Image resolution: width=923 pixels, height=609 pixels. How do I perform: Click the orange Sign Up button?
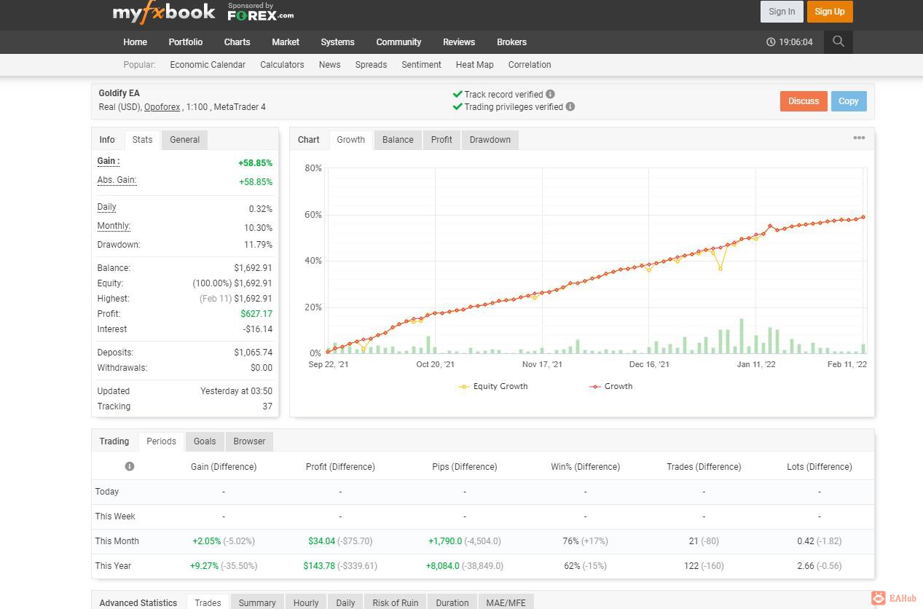coord(830,12)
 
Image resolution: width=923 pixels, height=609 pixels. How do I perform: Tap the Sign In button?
coord(781,12)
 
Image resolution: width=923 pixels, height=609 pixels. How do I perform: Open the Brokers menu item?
coord(511,42)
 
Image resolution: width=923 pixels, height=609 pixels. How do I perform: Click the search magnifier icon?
coord(838,42)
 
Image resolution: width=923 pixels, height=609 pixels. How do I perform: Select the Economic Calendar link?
coord(208,65)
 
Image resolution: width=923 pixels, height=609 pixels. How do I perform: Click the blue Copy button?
coord(849,101)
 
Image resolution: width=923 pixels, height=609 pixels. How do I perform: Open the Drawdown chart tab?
coord(490,140)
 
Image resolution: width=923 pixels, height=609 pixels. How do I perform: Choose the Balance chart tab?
coord(398,140)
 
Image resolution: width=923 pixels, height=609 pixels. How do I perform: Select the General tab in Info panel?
coord(184,140)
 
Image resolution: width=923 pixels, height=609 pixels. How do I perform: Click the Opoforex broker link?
coord(162,107)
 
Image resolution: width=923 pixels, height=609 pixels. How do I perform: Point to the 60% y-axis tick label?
coord(313,215)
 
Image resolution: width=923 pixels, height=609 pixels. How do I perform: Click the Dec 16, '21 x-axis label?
coord(649,364)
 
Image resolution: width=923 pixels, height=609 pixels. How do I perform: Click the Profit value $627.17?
coord(256,314)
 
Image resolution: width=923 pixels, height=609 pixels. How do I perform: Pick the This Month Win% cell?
coord(585,541)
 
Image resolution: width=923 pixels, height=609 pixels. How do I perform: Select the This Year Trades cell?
coord(704,566)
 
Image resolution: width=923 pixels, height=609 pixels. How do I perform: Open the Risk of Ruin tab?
coord(395,602)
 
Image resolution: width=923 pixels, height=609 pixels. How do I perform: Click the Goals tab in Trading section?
coord(205,441)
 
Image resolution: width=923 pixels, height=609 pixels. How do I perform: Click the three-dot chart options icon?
coord(859,138)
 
